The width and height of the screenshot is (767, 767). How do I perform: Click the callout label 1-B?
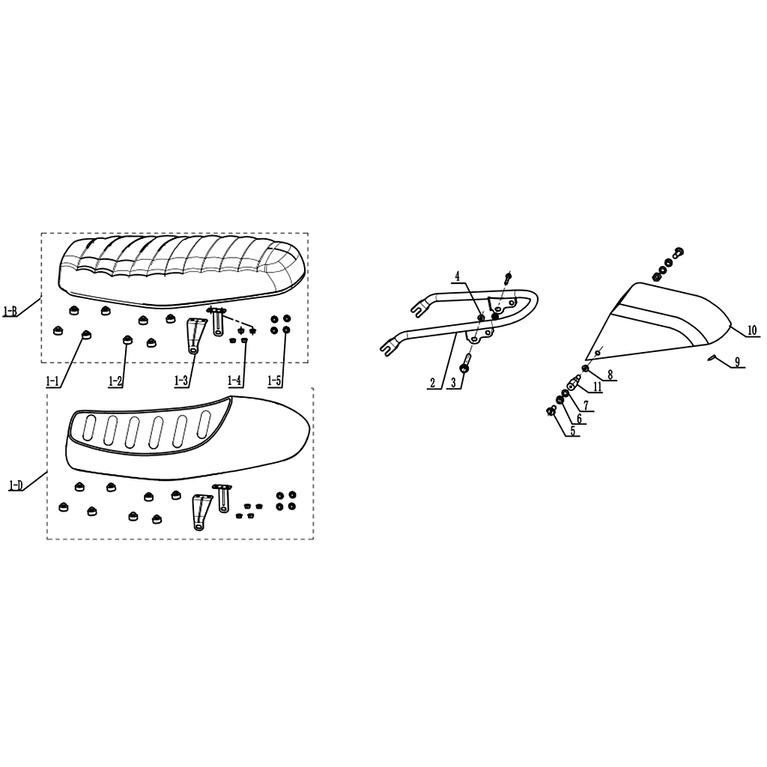tap(10, 311)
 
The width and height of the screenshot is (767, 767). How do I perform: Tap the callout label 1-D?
tap(16, 485)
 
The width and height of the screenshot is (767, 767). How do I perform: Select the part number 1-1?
tap(52, 381)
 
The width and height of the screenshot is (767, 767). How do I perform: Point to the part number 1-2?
tap(115, 381)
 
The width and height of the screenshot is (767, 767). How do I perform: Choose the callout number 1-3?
tap(181, 381)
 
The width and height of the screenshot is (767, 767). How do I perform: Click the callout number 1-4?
tap(234, 381)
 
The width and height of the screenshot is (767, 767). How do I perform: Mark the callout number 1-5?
tap(274, 381)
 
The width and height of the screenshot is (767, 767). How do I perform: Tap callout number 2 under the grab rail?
tap(432, 383)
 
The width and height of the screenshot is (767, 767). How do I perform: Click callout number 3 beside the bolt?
tap(453, 383)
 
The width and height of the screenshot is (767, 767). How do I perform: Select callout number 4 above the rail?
tap(458, 277)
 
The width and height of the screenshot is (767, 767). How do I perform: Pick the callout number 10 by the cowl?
tap(752, 330)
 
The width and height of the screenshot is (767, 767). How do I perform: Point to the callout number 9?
tap(737, 363)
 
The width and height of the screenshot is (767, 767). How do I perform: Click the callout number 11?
tap(597, 387)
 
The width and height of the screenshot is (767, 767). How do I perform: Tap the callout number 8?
tap(610, 375)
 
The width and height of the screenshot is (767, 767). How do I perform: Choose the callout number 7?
tap(586, 405)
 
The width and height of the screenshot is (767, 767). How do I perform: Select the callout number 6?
tap(579, 419)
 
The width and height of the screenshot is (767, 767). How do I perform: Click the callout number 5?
tap(572, 431)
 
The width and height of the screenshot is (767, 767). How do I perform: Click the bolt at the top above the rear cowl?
tap(678, 252)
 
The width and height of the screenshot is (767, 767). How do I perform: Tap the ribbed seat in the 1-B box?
tap(182, 272)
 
